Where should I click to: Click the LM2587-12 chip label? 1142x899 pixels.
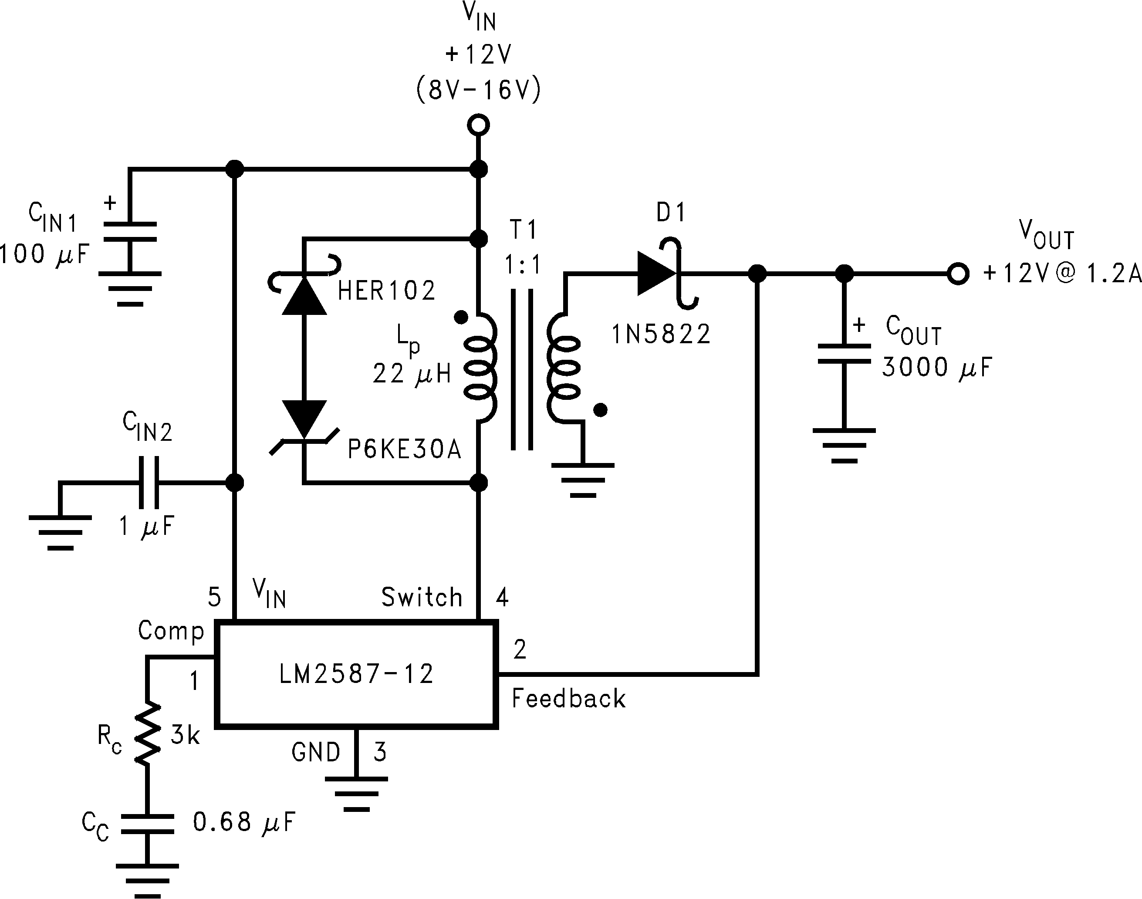[356, 674]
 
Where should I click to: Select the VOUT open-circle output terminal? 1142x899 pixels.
[958, 274]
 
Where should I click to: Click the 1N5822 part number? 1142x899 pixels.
[661, 334]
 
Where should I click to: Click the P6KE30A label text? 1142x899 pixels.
[404, 449]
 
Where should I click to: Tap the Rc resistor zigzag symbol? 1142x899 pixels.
[147, 733]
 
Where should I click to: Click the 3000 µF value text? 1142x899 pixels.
[937, 367]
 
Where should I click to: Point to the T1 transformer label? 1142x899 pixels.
[523, 230]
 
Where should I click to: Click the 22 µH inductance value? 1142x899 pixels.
[412, 374]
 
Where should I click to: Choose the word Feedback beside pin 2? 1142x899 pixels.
[568, 699]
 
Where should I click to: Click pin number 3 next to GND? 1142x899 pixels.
[380, 752]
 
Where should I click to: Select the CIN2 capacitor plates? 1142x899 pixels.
[149, 482]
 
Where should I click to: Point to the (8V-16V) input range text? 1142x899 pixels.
[478, 91]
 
